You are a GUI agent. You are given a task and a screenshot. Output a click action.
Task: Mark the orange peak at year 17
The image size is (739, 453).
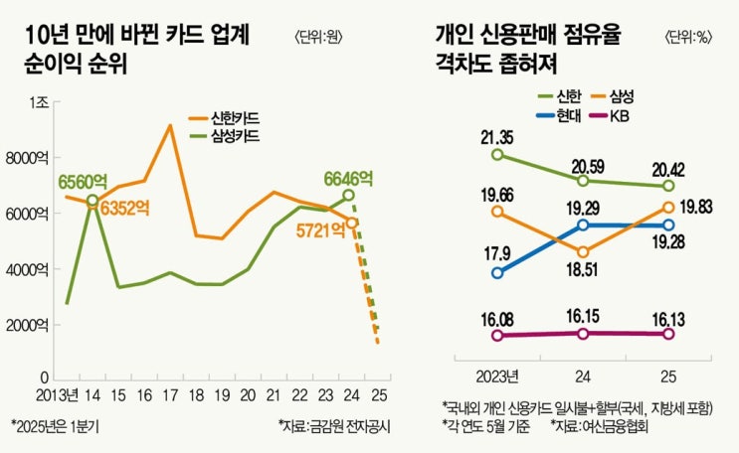(170, 126)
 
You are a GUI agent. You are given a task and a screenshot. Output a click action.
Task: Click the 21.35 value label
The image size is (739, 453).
(497, 136)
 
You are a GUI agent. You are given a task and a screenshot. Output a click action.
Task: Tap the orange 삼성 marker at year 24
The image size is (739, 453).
(583, 252)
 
